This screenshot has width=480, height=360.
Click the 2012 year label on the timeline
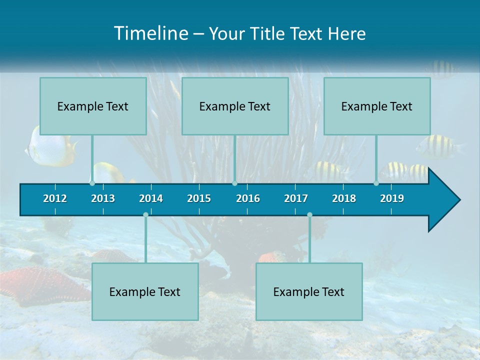[x=55, y=198]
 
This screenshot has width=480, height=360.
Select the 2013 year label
[x=103, y=198]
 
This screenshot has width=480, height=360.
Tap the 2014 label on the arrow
[x=151, y=198]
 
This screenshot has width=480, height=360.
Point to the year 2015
[x=199, y=198]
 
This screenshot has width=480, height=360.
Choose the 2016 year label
[x=248, y=198]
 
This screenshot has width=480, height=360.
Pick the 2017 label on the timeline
[x=296, y=198]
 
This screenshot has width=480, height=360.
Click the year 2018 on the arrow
[x=344, y=198]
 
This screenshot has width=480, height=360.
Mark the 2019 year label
[x=392, y=198]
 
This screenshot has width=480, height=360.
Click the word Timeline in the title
[x=150, y=33]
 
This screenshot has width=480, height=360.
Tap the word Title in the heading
[x=268, y=33]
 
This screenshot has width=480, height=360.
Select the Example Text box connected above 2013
[x=93, y=106]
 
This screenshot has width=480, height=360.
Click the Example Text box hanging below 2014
[x=145, y=291]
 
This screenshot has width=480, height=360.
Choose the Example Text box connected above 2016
[x=235, y=106]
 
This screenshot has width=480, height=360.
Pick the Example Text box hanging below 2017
[x=309, y=291]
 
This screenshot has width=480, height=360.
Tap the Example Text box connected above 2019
[x=377, y=106]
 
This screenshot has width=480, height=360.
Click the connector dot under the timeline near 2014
[x=145, y=214]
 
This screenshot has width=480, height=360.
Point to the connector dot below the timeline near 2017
[x=309, y=214]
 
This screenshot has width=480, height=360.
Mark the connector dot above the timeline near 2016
[x=234, y=183]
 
